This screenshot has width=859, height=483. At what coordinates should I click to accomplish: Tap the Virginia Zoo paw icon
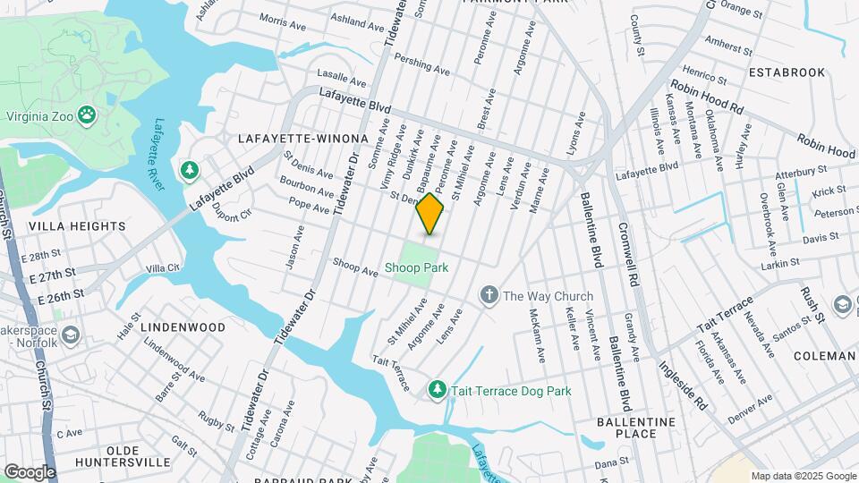(x=87, y=114)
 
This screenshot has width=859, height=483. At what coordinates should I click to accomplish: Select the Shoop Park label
(x=416, y=267)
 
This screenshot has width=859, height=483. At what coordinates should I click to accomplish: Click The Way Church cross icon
(x=489, y=295)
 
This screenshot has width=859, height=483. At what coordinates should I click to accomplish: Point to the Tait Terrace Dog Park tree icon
(x=437, y=390)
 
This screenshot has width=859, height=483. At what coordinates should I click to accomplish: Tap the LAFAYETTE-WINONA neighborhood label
(x=303, y=139)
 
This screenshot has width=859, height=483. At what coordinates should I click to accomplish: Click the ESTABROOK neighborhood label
(x=787, y=72)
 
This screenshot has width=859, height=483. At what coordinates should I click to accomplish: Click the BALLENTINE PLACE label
(x=636, y=428)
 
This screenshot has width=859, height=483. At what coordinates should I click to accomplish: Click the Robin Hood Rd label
(x=707, y=98)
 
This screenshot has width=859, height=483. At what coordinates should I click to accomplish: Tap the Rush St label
(x=811, y=304)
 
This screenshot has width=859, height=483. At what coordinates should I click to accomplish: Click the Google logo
(x=30, y=471)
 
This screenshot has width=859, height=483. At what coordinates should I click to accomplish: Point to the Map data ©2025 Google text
(x=803, y=476)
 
